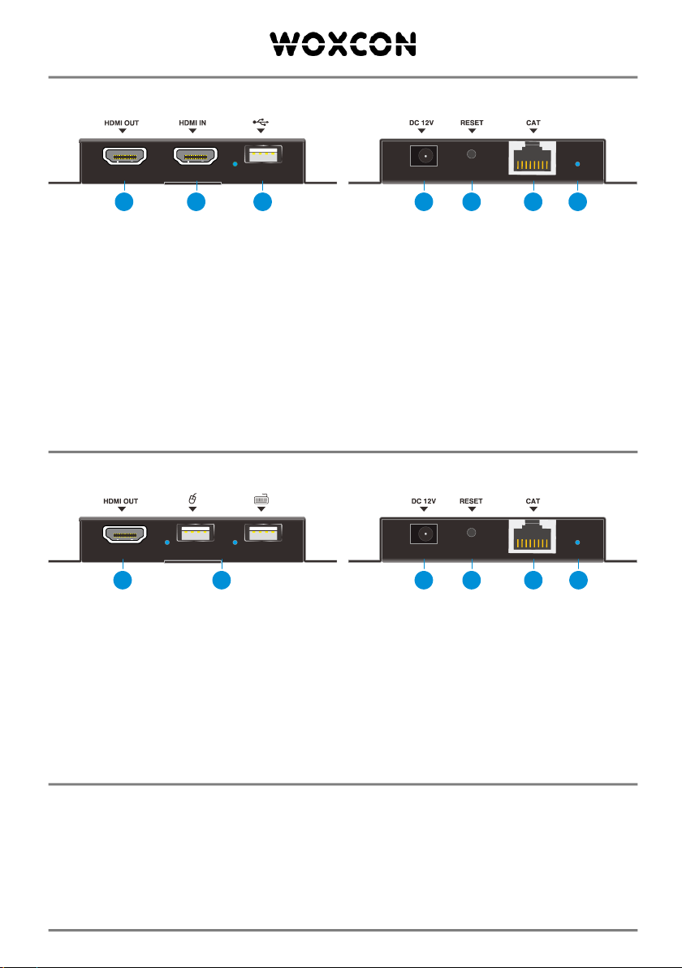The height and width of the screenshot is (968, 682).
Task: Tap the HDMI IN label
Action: tap(192, 123)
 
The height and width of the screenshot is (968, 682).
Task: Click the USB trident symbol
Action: tap(261, 123)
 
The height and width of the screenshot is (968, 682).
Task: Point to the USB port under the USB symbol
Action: tap(261, 155)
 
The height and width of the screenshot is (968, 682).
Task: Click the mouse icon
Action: tap(192, 498)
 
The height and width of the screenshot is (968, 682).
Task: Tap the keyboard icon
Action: tap(261, 498)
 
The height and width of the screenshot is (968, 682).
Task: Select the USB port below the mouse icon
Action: tap(192, 534)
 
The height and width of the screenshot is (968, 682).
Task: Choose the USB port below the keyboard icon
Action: tap(261, 534)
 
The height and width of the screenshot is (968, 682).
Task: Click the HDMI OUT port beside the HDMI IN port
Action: tap(122, 156)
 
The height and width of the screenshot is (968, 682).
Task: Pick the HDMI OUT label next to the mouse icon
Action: tap(121, 501)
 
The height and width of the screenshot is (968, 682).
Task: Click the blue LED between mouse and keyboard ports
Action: tap(235, 541)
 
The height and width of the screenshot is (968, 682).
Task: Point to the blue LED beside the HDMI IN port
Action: tap(235, 163)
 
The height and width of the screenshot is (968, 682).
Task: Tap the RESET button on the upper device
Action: tap(471, 154)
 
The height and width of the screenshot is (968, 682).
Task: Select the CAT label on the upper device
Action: tap(533, 123)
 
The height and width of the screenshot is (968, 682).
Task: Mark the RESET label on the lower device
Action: tap(471, 501)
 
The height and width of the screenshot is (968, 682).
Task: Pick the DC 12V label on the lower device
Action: tap(422, 501)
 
